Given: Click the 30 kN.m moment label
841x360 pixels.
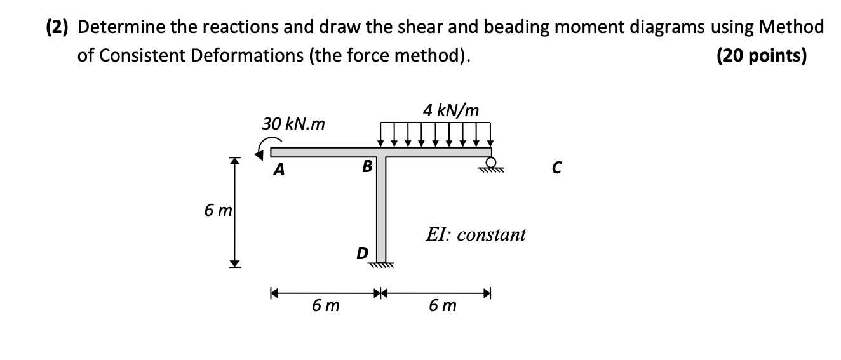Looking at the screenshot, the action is [293, 124].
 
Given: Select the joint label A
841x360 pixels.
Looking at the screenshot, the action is [278, 170].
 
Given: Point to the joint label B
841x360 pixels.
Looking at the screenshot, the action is [367, 168].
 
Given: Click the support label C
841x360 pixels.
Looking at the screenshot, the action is [556, 168].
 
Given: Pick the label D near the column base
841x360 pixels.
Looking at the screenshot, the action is [361, 253].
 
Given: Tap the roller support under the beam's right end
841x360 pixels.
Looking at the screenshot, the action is [490, 166].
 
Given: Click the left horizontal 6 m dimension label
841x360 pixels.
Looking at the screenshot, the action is [325, 306].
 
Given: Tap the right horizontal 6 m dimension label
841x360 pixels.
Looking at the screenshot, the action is [442, 306].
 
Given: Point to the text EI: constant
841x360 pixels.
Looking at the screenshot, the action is [476, 234].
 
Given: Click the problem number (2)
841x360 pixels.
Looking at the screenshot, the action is [58, 27].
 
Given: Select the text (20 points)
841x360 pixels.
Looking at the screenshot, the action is [762, 57].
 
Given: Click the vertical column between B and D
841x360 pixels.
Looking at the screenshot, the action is [381, 210].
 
